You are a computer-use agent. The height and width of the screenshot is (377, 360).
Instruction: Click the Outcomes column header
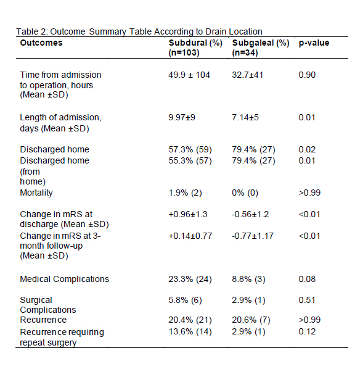point(41,43)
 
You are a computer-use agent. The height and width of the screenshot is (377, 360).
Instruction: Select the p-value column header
point(314,43)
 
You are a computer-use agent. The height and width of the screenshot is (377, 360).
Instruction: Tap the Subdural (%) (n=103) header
point(195,48)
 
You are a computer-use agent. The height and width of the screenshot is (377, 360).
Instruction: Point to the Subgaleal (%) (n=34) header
point(261,48)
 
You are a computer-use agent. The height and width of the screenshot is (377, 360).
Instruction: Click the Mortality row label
point(36,193)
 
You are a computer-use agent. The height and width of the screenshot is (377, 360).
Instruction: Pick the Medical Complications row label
point(64,279)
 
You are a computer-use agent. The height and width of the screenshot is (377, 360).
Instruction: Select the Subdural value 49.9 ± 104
point(189,75)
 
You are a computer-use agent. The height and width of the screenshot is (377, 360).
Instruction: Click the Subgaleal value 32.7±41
point(247,75)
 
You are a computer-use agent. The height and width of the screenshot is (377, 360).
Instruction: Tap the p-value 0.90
point(307,75)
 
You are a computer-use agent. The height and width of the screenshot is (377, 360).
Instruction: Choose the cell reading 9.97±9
point(182,117)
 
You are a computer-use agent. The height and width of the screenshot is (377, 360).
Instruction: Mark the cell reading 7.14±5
point(245,117)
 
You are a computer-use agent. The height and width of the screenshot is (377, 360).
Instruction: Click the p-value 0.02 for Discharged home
point(307,149)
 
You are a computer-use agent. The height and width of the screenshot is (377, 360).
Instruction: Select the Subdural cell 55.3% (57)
point(190,160)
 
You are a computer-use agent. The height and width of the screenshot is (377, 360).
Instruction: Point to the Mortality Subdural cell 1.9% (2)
point(185,193)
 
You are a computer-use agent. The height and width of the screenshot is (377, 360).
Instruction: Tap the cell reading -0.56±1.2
point(250,214)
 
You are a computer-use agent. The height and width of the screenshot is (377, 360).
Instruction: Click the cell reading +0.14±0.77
point(190,236)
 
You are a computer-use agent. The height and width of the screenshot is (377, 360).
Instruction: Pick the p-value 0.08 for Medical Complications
point(307,279)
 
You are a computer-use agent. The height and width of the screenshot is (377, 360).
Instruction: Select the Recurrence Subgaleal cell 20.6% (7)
point(251,320)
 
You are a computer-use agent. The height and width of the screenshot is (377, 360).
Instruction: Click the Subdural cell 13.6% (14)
point(190,332)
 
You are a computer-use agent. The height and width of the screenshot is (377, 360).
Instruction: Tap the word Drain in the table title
point(216,31)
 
